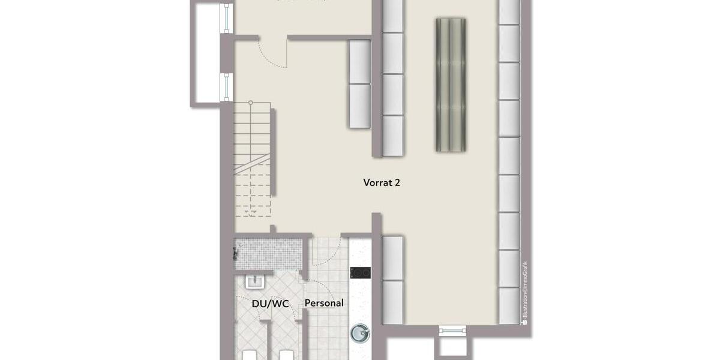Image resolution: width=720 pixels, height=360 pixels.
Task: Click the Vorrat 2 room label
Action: [x=382, y=182]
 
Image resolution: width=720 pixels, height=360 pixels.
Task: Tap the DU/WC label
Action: [x=270, y=304]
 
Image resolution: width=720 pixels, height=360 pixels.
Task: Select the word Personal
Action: [x=324, y=303]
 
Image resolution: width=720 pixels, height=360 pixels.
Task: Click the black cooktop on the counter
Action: [x=360, y=273]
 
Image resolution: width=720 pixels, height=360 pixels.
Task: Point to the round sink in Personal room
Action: [x=360, y=332]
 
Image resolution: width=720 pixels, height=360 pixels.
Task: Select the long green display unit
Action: [x=451, y=84]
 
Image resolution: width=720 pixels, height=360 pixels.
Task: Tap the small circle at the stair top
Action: [x=251, y=103]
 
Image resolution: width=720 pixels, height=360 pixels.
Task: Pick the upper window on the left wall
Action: [x=226, y=18]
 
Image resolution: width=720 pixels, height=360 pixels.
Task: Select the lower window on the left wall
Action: [x=226, y=87]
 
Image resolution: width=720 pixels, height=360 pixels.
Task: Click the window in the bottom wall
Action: [x=453, y=329]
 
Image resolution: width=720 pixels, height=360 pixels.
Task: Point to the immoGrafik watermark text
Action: [x=524, y=294]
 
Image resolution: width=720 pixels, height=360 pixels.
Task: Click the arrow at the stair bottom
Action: [x=253, y=212]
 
